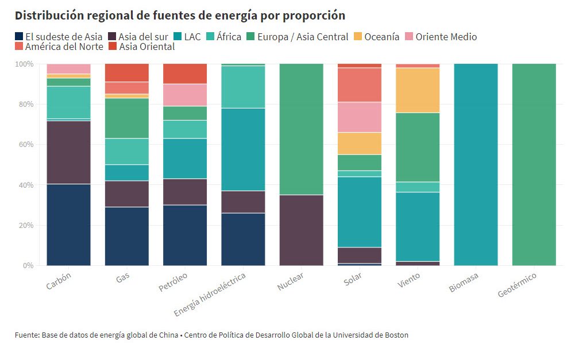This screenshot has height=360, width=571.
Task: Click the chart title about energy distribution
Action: coord(180,15)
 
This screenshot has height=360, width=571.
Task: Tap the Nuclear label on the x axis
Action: coord(290,283)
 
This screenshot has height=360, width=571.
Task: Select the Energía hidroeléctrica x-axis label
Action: coord(211,294)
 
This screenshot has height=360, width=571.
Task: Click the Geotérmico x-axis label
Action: coord(517,285)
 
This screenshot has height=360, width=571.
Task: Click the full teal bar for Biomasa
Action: coord(476,165)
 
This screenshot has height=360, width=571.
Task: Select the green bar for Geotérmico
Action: coord(534,165)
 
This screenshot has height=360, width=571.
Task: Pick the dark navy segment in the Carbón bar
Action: coord(68,224)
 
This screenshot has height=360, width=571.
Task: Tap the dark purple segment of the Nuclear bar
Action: coord(301,230)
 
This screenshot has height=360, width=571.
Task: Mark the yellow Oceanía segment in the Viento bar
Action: coord(418,90)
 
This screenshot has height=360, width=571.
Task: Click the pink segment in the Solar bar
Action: coord(360,117)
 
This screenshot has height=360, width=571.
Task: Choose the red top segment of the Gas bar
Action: coord(126,73)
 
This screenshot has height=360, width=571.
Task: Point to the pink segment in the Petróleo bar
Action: coord(185,95)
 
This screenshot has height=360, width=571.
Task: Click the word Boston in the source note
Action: coord(396,335)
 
